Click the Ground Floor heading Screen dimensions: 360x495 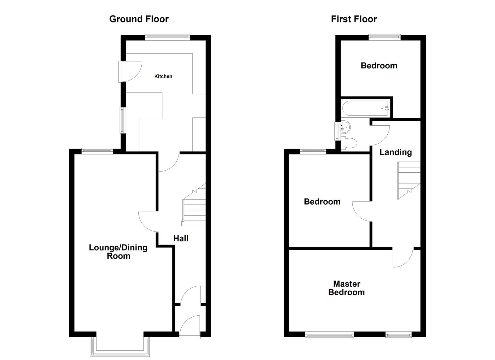(139, 19)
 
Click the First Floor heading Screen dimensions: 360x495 (354, 19)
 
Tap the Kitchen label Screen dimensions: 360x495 (163, 76)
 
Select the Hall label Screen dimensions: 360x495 (181, 238)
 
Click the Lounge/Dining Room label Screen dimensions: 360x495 (118, 252)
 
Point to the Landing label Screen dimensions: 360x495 (395, 152)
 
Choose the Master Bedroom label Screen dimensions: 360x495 (346, 288)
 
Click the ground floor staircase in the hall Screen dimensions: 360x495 (194, 206)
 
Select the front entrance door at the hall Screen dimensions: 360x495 (189, 327)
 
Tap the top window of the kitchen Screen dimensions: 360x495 (167, 37)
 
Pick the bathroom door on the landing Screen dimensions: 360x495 (380, 135)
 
